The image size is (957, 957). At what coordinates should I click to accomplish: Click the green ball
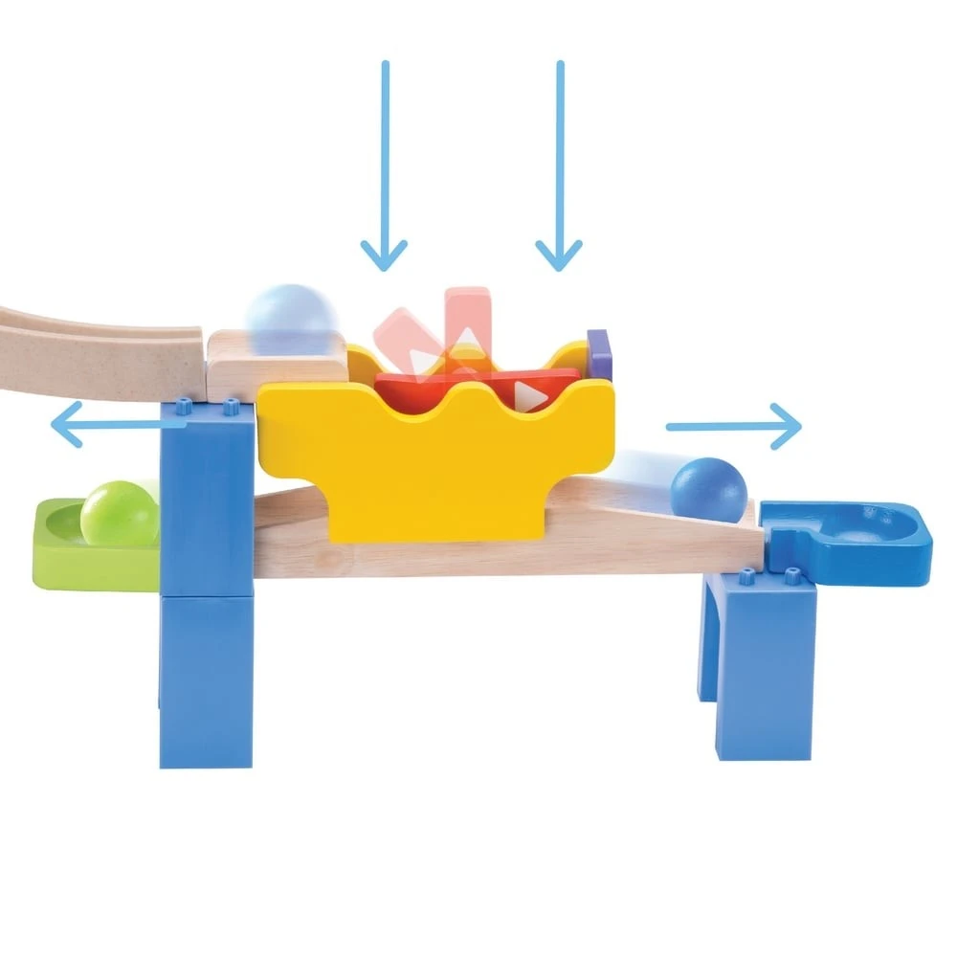point(120,514)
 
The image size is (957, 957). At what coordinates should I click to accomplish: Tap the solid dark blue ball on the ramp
point(708,490)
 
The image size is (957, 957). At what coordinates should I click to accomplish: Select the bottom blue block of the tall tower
point(206,679)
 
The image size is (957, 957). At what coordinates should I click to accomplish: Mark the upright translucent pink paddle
point(469,311)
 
